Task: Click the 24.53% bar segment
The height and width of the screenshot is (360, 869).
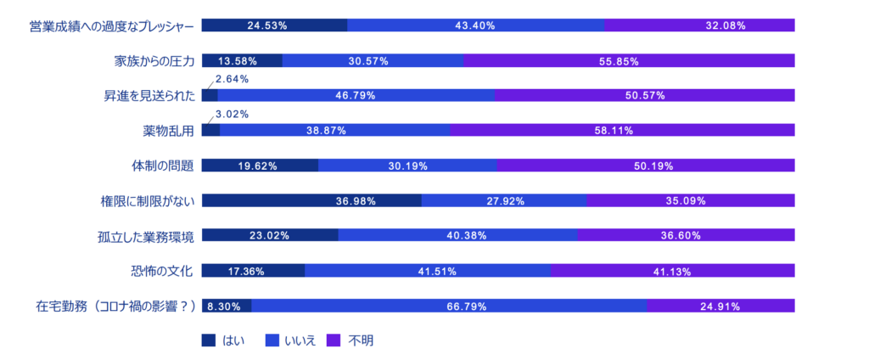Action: pyautogui.click(x=274, y=25)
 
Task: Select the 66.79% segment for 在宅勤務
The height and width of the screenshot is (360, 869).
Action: pyautogui.click(x=448, y=307)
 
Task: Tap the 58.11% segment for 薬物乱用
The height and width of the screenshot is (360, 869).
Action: pyautogui.click(x=621, y=131)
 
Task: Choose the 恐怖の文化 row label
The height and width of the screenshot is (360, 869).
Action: pyautogui.click(x=162, y=272)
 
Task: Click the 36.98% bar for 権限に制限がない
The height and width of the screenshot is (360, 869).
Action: pyautogui.click(x=311, y=201)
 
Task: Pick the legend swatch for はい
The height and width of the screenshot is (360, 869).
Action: pyautogui.click(x=209, y=340)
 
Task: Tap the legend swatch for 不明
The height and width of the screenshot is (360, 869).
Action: pyautogui.click(x=334, y=340)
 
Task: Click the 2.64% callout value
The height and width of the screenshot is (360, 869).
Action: pyautogui.click(x=232, y=79)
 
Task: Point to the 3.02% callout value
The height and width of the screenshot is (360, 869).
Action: pyautogui.click(x=232, y=114)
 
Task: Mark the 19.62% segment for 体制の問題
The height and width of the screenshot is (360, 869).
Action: pyautogui.click(x=260, y=166)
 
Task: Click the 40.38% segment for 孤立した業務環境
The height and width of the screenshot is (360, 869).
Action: pyautogui.click(x=457, y=236)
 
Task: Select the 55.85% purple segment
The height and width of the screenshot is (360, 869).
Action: pyautogui.click(x=629, y=61)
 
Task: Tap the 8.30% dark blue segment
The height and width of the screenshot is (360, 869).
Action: pyautogui.click(x=227, y=307)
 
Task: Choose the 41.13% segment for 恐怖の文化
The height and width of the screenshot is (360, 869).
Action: pyautogui.click(x=672, y=272)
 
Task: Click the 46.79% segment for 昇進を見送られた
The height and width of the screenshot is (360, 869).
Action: pyautogui.click(x=356, y=96)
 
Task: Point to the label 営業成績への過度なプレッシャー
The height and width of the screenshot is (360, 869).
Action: pyautogui.click(x=112, y=26)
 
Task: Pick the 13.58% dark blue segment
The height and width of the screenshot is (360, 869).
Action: pyautogui.click(x=241, y=61)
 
